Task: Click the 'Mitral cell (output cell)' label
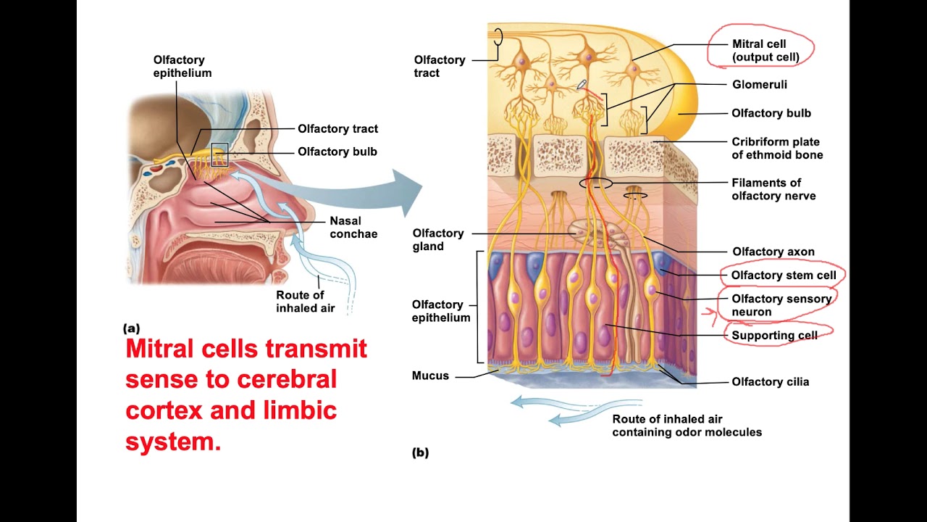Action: (765, 51)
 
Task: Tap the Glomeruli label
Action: (759, 85)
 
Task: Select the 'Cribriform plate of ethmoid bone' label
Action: (776, 148)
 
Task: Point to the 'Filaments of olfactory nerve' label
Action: (773, 189)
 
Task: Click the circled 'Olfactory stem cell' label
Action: (783, 275)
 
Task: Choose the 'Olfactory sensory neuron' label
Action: (781, 305)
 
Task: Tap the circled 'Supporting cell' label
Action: (773, 335)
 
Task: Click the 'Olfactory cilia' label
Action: (770, 382)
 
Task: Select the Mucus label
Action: (430, 376)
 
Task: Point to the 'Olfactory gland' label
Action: (437, 239)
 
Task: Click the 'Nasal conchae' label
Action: (353, 227)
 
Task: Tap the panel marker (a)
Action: (131, 328)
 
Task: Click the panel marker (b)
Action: (420, 453)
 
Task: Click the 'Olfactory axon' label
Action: (773, 252)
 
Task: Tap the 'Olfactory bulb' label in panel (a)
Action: (337, 152)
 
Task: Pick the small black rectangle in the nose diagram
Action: (219, 155)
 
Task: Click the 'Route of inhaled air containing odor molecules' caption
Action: (687, 426)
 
